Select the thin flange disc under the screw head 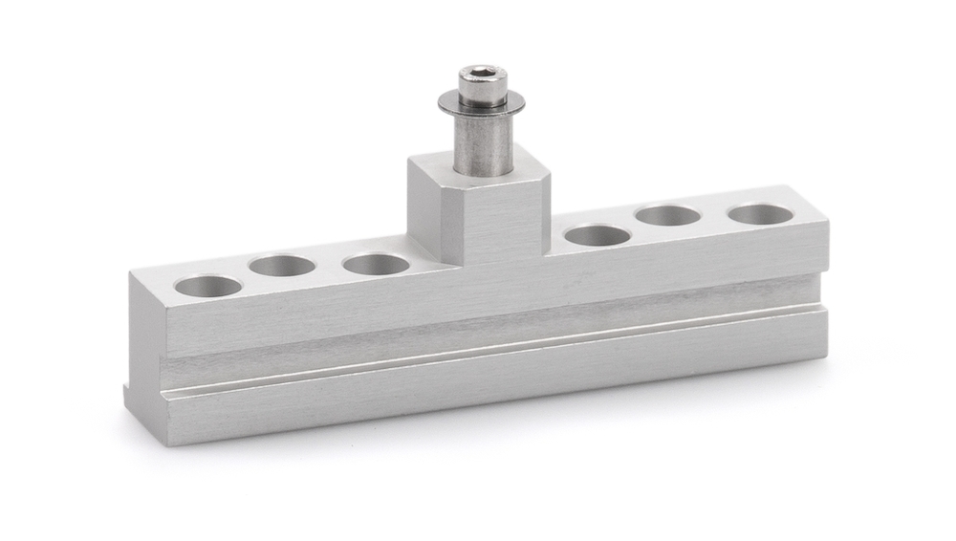[x=482, y=101]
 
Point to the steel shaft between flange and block [x=483, y=143]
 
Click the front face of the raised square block [x=494, y=222]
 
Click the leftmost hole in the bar [x=208, y=286]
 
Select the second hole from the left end [x=282, y=266]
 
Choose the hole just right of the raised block [x=597, y=235]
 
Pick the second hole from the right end [x=668, y=216]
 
